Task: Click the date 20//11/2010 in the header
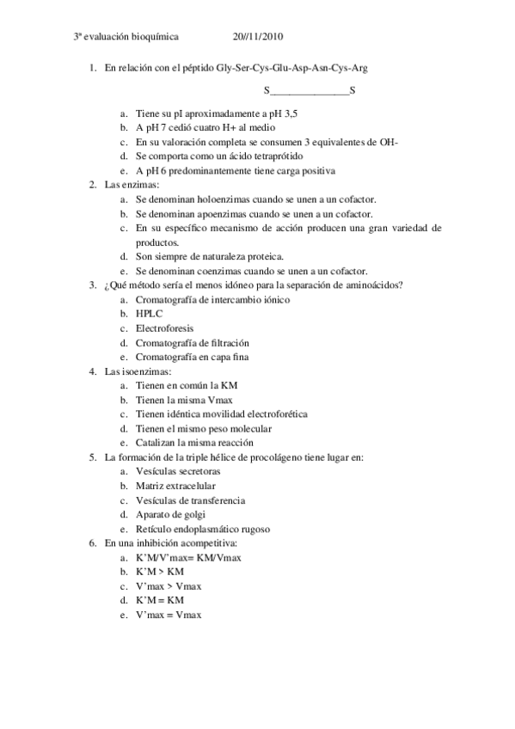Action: tap(258, 37)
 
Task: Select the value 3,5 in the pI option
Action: tap(297, 113)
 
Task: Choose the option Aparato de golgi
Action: tap(170, 514)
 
